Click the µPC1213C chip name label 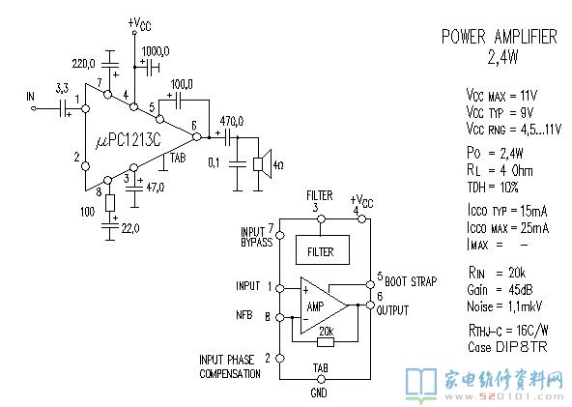128,140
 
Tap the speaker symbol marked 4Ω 263,164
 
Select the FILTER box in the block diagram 322,249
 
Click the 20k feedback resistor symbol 326,342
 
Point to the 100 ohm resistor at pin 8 110,203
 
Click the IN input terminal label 30,97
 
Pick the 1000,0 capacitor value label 156,51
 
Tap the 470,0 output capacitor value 232,121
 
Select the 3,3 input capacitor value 62,88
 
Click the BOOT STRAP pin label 411,281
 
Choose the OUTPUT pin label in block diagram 392,310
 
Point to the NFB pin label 244,315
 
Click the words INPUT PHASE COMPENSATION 230,366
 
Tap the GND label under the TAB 319,392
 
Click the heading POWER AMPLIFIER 500,37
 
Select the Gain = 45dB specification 500,290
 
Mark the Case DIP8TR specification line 507,347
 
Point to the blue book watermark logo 421,385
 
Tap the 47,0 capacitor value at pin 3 156,188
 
